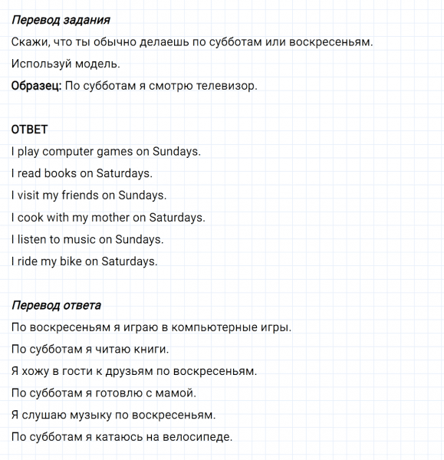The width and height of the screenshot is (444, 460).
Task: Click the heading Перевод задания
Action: pos(61,20)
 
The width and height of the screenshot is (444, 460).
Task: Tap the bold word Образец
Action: pos(35,86)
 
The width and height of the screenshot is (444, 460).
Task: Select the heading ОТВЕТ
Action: pos(29,130)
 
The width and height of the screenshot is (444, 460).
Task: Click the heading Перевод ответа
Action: pos(56,305)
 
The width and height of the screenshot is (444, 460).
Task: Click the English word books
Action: pos(61,173)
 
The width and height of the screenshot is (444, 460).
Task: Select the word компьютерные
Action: pos(215,327)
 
